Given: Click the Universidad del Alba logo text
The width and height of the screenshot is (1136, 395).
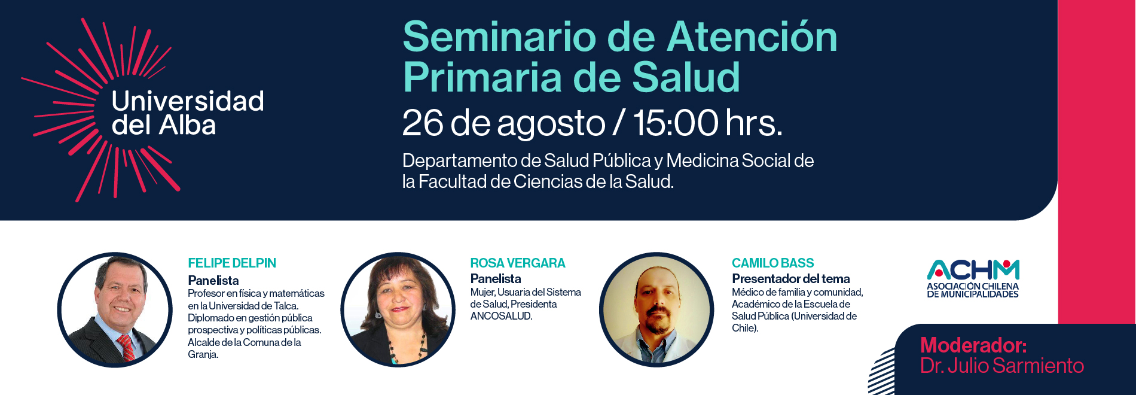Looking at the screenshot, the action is [188, 113].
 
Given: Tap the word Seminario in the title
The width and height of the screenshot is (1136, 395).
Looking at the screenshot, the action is [499, 37].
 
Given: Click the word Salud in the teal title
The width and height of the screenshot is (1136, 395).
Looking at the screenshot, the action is [686, 77].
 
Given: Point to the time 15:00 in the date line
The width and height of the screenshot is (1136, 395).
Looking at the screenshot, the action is [676, 123].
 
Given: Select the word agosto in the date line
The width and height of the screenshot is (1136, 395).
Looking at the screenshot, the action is [551, 124].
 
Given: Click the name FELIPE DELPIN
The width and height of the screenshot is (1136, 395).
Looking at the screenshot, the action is [232, 263].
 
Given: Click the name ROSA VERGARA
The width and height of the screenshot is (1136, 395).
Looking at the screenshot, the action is [517, 263].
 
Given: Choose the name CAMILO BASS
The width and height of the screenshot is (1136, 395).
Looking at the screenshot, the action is [772, 263].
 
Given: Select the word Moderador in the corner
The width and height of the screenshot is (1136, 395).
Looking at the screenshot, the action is [973, 345].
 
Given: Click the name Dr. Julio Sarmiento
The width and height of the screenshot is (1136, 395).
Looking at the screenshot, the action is [1001, 366].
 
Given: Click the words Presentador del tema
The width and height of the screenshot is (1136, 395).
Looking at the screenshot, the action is [790, 279].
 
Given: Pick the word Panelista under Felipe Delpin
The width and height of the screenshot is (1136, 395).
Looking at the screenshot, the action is [213, 281].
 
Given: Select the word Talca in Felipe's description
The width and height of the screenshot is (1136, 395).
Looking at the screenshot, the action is [286, 306].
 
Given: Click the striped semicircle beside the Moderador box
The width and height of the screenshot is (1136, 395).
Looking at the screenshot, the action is [882, 372].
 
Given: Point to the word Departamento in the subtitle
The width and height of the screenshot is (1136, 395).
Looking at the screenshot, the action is [460, 162].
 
